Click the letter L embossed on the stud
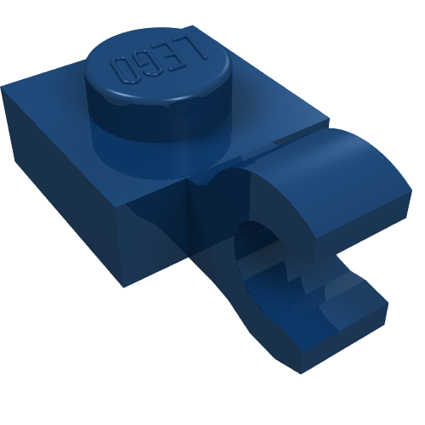pyautogui.click(x=195, y=49)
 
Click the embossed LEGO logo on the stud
pyautogui.click(x=160, y=60)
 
